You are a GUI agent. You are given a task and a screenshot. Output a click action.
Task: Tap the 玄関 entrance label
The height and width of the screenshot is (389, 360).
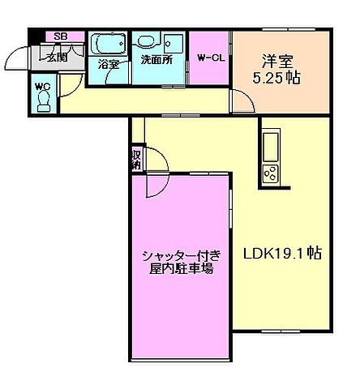57,56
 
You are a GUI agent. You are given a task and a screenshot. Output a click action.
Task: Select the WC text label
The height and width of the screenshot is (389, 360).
42,83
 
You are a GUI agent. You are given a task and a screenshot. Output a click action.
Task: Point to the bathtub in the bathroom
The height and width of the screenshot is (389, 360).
108,43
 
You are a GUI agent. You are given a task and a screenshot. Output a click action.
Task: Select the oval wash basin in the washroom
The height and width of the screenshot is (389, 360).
147,41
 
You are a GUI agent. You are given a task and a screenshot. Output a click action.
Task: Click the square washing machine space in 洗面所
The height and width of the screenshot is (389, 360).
174,42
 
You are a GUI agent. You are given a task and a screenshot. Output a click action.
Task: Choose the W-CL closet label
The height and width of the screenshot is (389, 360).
210,58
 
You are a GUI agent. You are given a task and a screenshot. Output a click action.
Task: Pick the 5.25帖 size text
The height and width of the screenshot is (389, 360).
281,78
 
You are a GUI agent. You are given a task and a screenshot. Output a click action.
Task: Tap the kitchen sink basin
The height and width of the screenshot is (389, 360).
269,147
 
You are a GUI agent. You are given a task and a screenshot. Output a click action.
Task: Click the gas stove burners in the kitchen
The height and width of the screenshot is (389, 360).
269,172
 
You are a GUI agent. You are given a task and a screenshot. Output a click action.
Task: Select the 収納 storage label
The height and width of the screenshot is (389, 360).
136,159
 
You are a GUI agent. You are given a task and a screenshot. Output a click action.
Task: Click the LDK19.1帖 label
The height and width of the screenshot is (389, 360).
283,253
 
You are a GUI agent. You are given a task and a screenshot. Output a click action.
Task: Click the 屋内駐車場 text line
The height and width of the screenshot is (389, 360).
180,270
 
